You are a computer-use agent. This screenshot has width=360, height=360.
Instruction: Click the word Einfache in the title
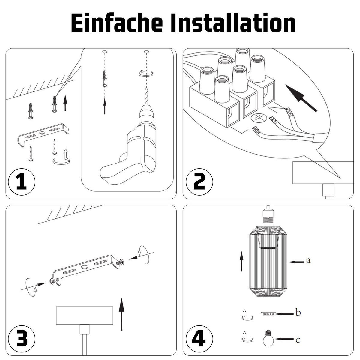(x=117, y=23)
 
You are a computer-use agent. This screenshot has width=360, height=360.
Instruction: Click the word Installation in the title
(x=233, y=23)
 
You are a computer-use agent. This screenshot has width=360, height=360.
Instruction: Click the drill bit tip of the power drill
(x=146, y=89)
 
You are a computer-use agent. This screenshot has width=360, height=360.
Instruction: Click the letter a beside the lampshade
(x=308, y=260)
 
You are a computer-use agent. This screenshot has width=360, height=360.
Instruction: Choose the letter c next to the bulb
(x=298, y=340)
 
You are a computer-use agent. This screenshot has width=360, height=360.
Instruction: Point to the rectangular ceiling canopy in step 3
(x=85, y=316)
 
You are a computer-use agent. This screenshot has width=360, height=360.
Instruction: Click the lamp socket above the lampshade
(x=268, y=215)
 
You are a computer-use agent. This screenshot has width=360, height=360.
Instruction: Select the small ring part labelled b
(x=268, y=313)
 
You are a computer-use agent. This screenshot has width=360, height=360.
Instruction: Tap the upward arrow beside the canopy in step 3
(x=121, y=314)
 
